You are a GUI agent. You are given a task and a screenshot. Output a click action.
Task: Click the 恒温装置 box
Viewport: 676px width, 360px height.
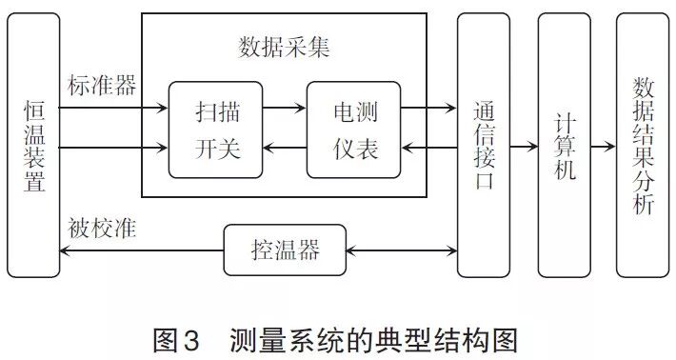tap(32, 146)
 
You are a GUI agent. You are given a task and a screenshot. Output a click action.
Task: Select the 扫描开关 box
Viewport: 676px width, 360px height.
tap(215, 130)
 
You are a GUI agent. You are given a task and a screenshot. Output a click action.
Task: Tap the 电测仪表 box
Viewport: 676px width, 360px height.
tap(353, 130)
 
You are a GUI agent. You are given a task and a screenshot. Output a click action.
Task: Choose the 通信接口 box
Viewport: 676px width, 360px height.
tap(483, 146)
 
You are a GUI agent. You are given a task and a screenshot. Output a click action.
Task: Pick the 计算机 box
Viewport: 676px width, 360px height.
tap(563, 146)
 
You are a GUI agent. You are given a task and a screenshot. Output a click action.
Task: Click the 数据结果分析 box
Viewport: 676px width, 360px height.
tap(643, 146)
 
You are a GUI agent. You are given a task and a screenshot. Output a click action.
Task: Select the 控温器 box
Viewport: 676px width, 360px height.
tap(285, 251)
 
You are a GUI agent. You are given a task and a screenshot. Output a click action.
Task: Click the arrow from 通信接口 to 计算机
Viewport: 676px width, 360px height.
tap(523, 148)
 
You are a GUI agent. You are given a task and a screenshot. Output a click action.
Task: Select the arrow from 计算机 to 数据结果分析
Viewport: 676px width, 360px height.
tap(603, 148)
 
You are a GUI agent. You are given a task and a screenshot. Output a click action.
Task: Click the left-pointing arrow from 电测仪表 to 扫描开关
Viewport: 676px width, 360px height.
tap(284, 149)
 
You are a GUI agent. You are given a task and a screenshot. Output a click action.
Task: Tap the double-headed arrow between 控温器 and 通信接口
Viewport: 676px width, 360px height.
tap(401, 251)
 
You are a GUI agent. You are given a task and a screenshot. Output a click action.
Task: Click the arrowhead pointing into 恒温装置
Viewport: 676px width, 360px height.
tap(66, 251)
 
